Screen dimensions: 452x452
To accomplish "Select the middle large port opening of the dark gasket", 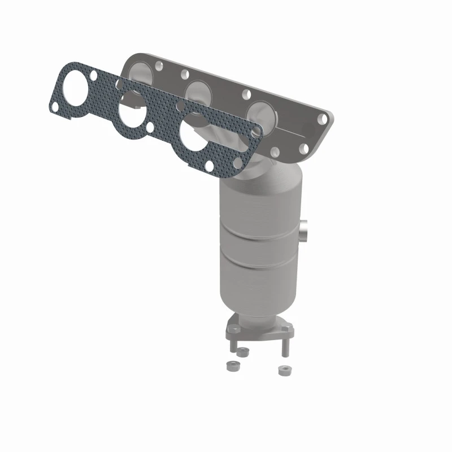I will click(x=131, y=118).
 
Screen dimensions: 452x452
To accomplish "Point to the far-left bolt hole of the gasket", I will click(x=54, y=106).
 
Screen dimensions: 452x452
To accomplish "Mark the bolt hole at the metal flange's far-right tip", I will click(x=323, y=119).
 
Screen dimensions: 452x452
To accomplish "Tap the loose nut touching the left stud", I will click(x=244, y=353).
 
